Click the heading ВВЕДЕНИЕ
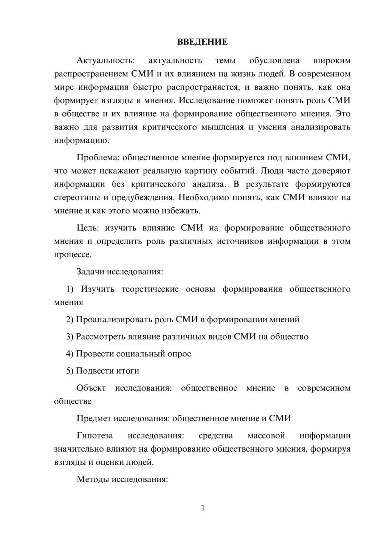click(x=202, y=42)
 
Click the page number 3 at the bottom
click(x=202, y=508)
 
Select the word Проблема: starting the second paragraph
click(x=98, y=157)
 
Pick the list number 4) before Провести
click(x=70, y=353)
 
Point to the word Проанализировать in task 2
click(x=114, y=319)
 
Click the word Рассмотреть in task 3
click(x=101, y=336)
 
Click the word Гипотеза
click(x=94, y=435)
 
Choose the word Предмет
click(x=94, y=418)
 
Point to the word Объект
click(x=91, y=388)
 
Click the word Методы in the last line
click(x=92, y=479)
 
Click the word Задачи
click(x=91, y=272)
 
